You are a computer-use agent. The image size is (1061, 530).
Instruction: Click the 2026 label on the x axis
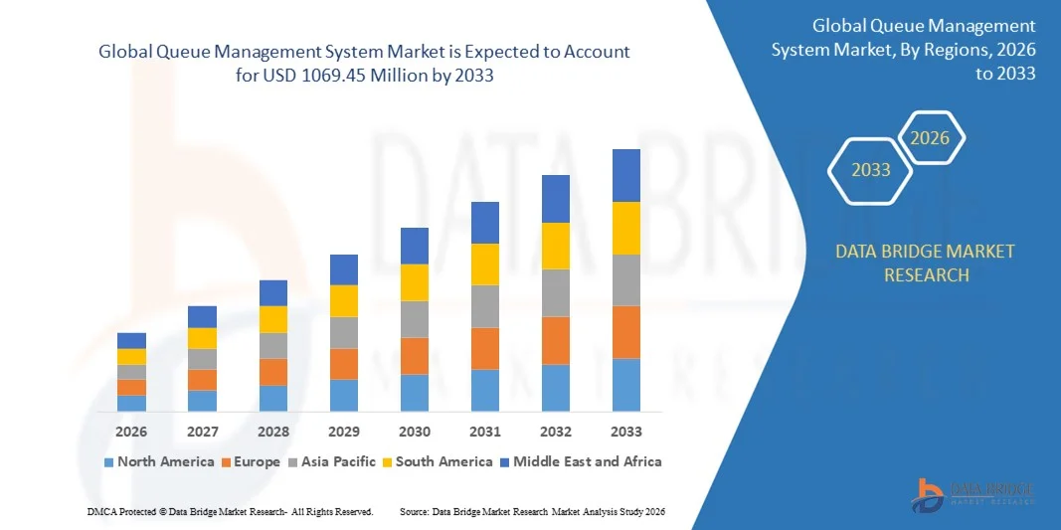[131, 432]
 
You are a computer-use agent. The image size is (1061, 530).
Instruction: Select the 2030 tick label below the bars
[415, 432]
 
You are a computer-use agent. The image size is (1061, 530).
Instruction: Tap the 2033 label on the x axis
[626, 432]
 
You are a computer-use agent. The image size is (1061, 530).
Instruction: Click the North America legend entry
[159, 461]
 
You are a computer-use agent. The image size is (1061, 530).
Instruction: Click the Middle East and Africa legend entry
[580, 461]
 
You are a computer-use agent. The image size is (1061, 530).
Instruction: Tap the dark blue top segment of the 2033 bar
[626, 175]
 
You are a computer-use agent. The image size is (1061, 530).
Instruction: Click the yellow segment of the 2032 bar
[556, 246]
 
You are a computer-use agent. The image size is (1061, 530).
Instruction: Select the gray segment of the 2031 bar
[485, 306]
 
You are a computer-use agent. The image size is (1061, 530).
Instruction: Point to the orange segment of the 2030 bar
[415, 355]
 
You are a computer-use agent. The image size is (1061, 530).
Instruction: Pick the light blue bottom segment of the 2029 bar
[344, 395]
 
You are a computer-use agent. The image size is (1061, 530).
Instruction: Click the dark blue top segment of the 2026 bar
[131, 340]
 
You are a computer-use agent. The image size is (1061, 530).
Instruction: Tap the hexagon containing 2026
[931, 138]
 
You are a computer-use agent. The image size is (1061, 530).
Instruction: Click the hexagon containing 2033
[871, 170]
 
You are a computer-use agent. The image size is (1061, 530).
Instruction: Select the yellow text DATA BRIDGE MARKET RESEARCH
[926, 263]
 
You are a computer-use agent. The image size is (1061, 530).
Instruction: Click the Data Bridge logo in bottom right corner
[974, 492]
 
